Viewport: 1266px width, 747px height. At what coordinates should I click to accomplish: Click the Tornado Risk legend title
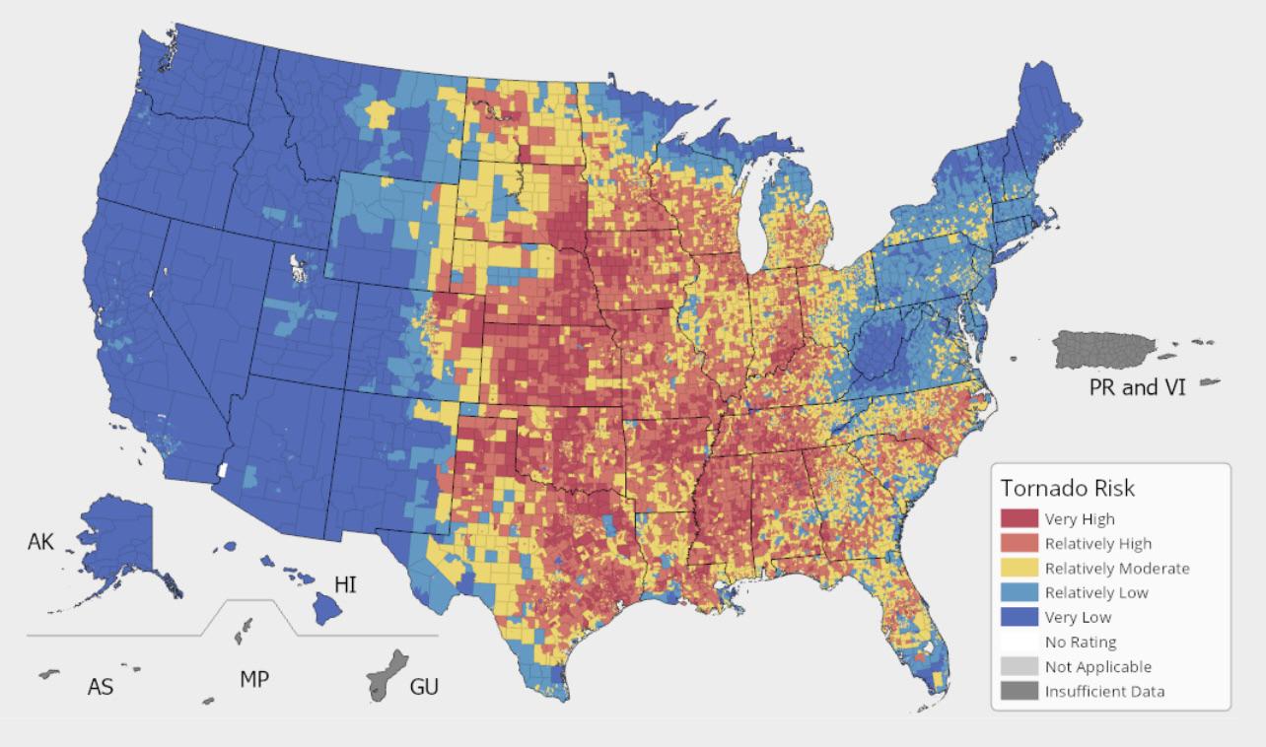(x=1067, y=488)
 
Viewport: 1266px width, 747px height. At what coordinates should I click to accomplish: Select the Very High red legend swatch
(x=1020, y=519)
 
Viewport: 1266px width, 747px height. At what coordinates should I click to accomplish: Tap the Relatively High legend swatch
(x=1020, y=544)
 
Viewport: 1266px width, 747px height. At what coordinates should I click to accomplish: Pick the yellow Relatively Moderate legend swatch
(x=1020, y=569)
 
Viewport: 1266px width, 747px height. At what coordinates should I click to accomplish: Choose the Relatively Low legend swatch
(x=1020, y=593)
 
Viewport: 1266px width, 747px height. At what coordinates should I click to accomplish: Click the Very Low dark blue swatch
(x=1020, y=618)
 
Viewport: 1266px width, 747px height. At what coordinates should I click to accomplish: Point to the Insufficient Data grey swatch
(x=1020, y=692)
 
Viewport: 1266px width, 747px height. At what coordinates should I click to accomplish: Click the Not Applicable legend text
(x=1097, y=667)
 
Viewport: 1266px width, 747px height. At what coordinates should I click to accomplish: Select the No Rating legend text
(x=1081, y=643)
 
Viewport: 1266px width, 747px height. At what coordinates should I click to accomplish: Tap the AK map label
(x=40, y=542)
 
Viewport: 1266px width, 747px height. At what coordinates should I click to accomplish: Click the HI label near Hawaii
(x=345, y=585)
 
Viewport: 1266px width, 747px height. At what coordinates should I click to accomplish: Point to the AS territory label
(x=101, y=687)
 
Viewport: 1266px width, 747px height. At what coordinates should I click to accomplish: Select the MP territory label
(x=254, y=679)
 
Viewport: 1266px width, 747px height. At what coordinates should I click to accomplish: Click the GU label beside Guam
(x=424, y=686)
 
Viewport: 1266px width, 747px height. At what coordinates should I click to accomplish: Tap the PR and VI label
(x=1137, y=387)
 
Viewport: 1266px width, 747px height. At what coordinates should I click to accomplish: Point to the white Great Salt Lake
(x=296, y=267)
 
